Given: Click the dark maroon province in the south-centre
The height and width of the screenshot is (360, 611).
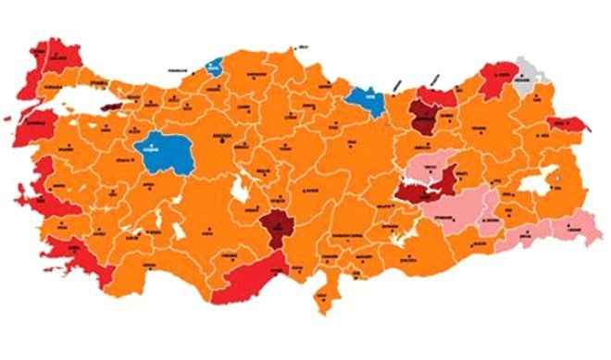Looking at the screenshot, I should [x=275, y=225].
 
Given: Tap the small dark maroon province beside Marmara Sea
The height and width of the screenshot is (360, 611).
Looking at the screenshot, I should [x=113, y=107].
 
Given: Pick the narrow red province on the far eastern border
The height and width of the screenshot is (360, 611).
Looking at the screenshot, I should [x=565, y=124].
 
